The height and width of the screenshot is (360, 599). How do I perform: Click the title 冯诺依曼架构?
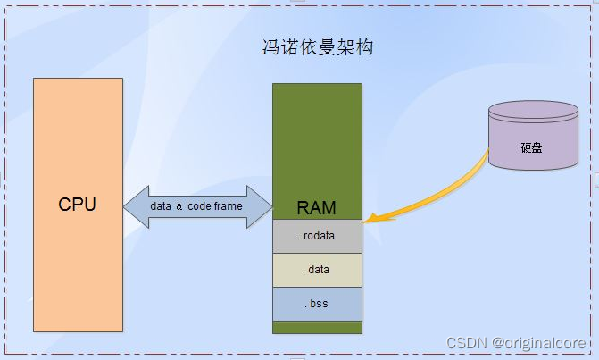(312, 47)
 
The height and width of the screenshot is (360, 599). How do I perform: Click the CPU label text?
(77, 205)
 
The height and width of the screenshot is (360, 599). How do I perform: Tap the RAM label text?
(316, 209)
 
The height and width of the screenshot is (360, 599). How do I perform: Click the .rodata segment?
(317, 236)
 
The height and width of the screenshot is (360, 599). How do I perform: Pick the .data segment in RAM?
(317, 270)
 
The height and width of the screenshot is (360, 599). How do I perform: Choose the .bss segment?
(317, 304)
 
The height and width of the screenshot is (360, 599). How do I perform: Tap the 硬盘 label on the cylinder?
(531, 147)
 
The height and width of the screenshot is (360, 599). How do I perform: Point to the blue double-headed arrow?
(196, 206)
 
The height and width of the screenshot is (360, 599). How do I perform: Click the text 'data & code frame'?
(196, 206)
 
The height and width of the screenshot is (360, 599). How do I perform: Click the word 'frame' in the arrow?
(228, 206)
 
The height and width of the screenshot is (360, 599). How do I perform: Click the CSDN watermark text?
(467, 343)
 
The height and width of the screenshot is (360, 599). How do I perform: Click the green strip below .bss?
(317, 328)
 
